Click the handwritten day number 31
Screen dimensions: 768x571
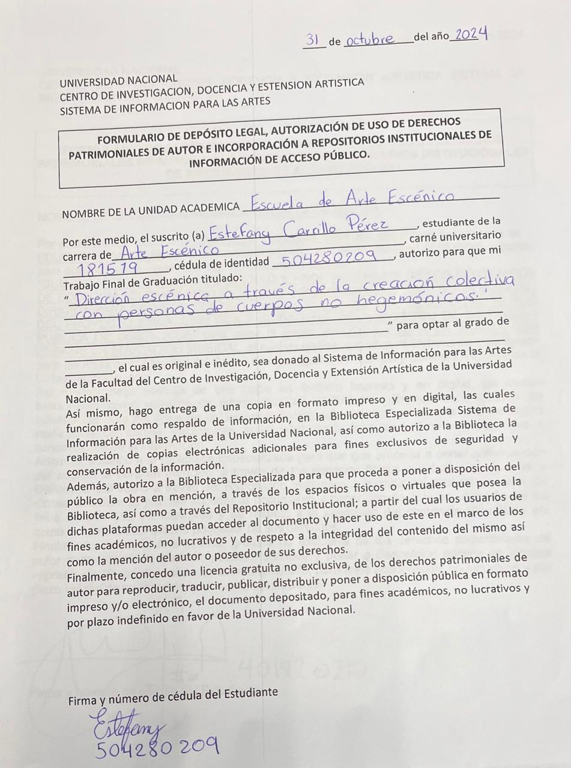tap(313, 40)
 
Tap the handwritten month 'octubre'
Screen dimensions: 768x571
tap(370, 40)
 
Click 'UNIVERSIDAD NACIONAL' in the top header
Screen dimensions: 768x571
tap(118, 80)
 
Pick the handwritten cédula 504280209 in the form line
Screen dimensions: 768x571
tap(328, 258)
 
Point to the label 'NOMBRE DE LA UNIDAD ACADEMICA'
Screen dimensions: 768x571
tap(151, 209)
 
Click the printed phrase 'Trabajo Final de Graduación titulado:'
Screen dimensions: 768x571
tap(153, 279)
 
